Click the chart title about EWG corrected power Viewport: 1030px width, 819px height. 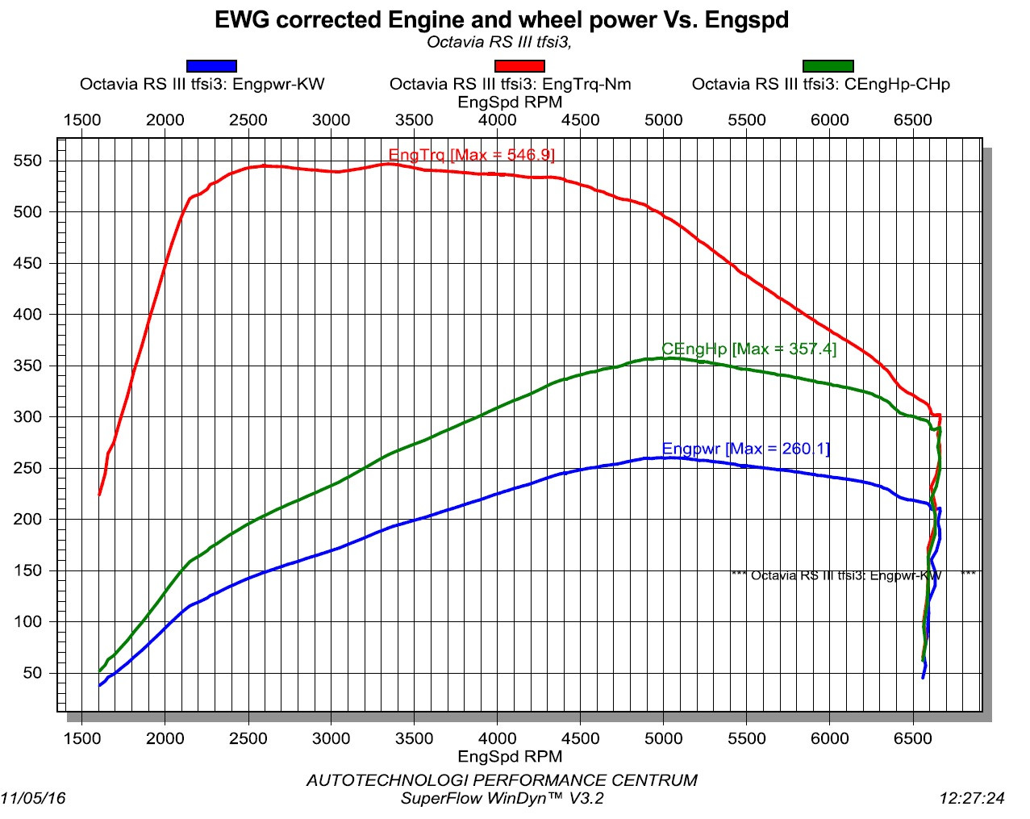tap(501, 20)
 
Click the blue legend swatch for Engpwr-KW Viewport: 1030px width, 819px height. tap(211, 66)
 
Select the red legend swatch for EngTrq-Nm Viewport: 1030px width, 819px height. tap(519, 66)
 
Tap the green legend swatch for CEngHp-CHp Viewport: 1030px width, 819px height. tap(828, 66)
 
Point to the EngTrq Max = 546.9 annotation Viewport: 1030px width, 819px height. tap(471, 155)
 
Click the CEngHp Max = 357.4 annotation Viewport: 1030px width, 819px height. tap(749, 349)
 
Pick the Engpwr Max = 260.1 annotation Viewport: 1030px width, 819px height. tap(745, 449)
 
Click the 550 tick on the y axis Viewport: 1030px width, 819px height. tap(27, 161)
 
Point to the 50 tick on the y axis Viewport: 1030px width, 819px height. tap(32, 673)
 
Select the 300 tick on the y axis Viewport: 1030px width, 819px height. tap(27, 417)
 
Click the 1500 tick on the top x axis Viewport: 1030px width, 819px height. tap(82, 120)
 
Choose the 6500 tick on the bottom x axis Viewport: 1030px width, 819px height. tap(913, 738)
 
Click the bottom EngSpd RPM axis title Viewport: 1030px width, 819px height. tap(510, 757)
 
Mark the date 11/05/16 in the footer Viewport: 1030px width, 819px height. tap(34, 798)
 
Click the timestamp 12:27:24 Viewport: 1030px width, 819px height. tap(972, 798)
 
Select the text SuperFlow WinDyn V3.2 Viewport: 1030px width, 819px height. tap(502, 799)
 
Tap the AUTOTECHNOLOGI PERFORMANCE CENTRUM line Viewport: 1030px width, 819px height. tap(502, 780)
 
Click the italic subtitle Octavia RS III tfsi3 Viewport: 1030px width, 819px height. tap(499, 42)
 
